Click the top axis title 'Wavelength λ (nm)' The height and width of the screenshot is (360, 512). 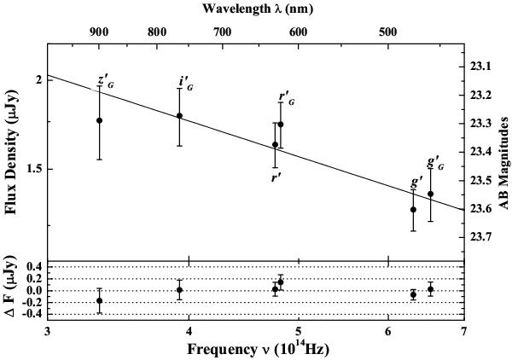coord(256,9)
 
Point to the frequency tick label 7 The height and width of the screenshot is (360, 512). coord(463,330)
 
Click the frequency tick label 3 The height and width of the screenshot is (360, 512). coord(48,330)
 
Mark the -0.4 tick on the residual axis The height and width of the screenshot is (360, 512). coord(32,314)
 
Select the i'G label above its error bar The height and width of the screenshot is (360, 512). coord(184,83)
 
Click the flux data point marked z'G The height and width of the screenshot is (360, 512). coord(99,120)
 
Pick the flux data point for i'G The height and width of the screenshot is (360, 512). coord(179,116)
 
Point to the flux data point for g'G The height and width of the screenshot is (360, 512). coord(430,194)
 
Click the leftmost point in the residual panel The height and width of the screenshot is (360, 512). coord(99,300)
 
